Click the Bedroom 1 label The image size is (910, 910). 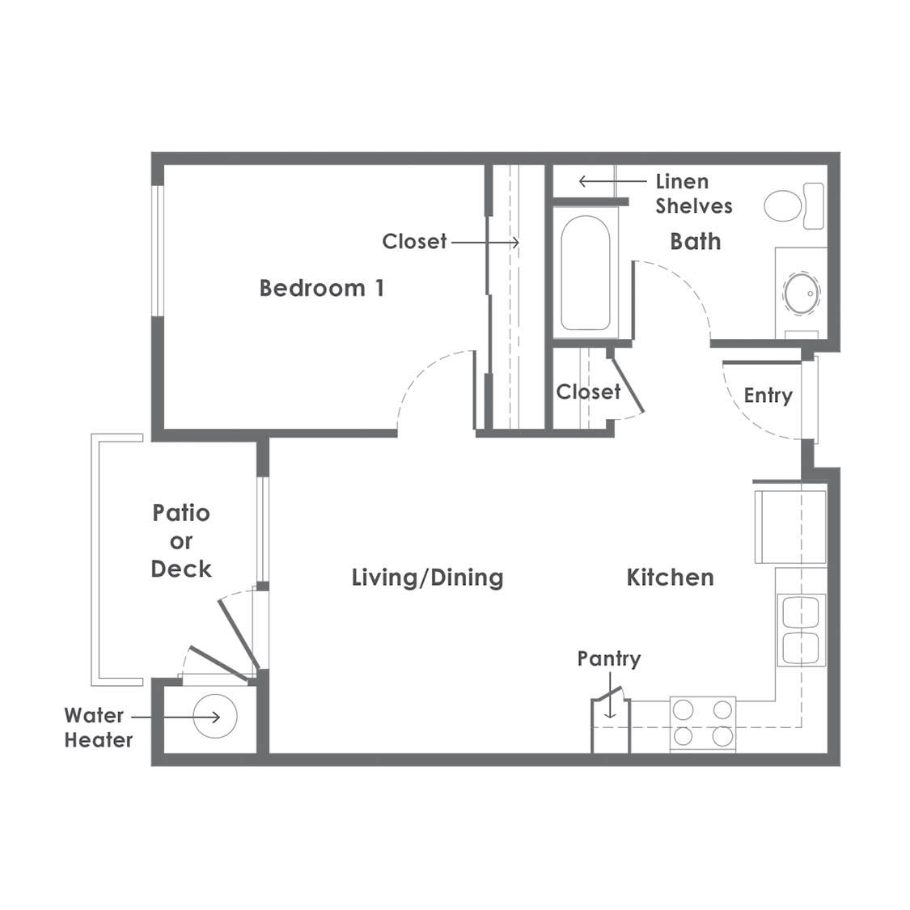click(x=321, y=288)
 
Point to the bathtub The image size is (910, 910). click(x=585, y=273)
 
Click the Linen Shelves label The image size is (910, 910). click(x=693, y=194)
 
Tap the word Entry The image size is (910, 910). click(x=768, y=396)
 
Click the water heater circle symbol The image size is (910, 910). click(x=214, y=716)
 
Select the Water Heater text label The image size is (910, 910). click(x=98, y=728)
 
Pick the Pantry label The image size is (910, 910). click(x=609, y=658)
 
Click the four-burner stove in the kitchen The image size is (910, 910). click(x=703, y=724)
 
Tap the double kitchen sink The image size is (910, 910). click(x=801, y=630)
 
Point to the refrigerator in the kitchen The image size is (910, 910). click(x=790, y=527)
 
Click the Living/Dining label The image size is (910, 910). click(x=428, y=578)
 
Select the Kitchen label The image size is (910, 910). click(x=671, y=578)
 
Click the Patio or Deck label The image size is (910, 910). click(x=181, y=541)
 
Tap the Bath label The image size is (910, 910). click(x=696, y=241)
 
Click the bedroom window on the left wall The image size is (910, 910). click(x=157, y=251)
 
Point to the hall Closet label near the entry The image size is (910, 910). click(x=588, y=392)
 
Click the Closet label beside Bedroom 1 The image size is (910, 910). click(x=414, y=241)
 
